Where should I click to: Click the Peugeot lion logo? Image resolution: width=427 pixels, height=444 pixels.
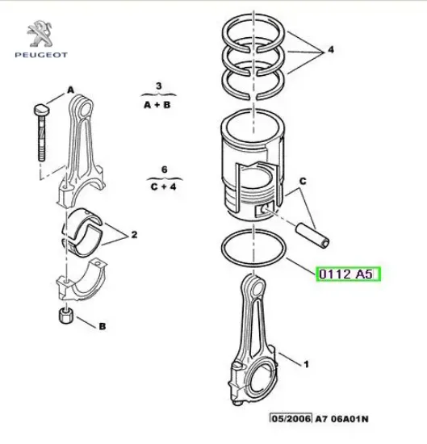coord(40,33)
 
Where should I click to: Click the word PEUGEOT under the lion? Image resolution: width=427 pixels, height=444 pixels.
coord(41,55)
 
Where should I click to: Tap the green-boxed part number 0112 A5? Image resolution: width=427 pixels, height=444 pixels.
coord(348,274)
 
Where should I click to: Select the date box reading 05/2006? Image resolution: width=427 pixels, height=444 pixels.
coord(291,418)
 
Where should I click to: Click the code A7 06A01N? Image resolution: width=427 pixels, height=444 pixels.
coord(341,418)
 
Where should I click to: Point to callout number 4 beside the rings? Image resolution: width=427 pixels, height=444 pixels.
coord(331,50)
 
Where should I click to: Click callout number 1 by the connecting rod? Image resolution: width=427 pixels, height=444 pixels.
coord(306,364)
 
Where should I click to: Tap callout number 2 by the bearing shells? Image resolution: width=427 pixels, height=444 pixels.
coord(134,234)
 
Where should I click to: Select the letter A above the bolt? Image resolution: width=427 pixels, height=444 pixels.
coord(70,90)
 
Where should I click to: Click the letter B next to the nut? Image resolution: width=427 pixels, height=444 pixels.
coord(103,326)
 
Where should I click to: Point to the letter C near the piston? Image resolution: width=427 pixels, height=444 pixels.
coord(303,181)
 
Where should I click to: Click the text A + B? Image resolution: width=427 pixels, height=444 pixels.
coord(157,105)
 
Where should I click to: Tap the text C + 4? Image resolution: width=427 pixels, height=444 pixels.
coord(164,186)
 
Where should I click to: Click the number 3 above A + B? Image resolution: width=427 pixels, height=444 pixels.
coord(158,86)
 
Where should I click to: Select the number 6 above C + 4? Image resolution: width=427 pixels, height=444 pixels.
coord(164,170)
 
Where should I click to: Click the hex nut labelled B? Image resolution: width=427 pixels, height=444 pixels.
coord(66,316)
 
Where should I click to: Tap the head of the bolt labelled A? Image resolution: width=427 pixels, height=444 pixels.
coord(41,110)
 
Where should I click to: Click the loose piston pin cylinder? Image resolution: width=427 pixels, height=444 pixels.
coord(312,236)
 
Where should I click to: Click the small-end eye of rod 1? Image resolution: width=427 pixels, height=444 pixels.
coord(257,289)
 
